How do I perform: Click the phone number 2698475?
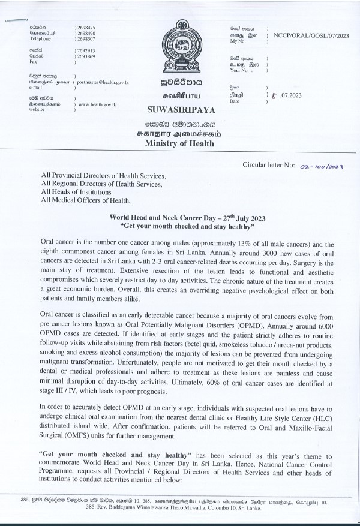[85, 28]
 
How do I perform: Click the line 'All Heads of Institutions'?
[76, 191]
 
